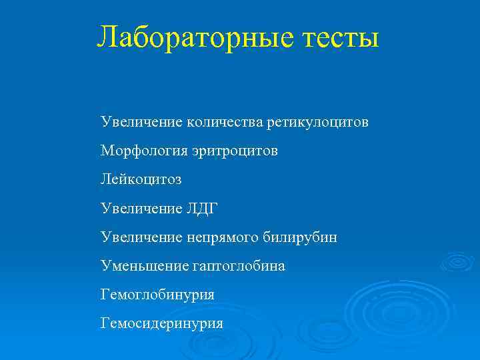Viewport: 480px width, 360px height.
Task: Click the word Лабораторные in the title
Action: coord(193,37)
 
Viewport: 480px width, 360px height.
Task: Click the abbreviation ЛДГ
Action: coord(201,209)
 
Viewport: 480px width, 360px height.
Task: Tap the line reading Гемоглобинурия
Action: coord(157,295)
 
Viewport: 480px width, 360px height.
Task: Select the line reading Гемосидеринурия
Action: coord(162,324)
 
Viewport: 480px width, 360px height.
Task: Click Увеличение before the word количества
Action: coord(140,123)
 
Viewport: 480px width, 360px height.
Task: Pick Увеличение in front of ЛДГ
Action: coord(140,209)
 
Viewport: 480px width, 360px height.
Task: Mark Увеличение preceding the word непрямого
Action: coord(140,238)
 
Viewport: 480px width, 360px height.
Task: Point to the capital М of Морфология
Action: coord(107,151)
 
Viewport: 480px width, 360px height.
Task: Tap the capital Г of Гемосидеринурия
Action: coord(105,323)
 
